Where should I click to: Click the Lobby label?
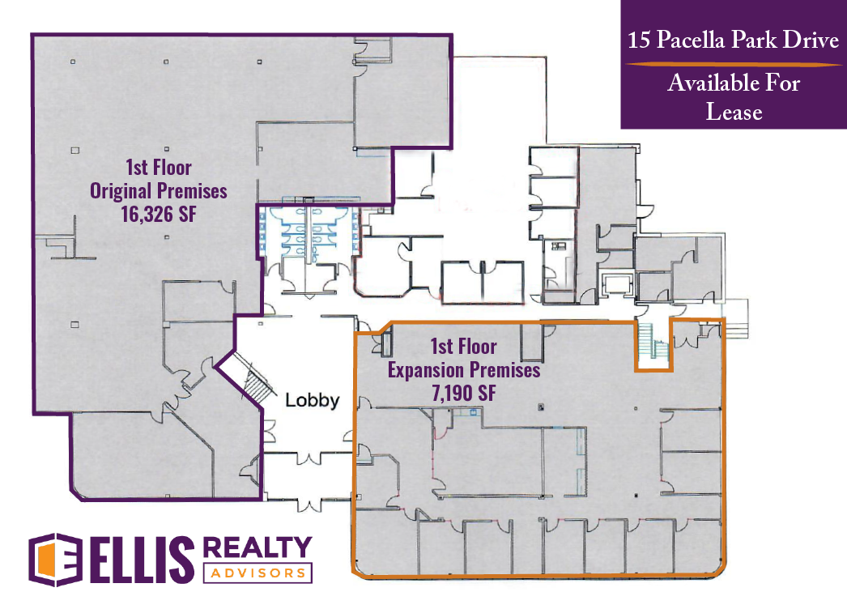[313, 400]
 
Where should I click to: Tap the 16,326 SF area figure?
[159, 214]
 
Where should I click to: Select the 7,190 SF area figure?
[463, 393]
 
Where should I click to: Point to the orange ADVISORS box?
[258, 573]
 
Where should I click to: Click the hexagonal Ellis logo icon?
[56, 560]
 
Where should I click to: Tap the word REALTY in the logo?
[258, 547]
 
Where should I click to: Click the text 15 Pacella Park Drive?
[733, 40]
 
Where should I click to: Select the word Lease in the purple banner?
[734, 112]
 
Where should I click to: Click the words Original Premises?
[158, 191]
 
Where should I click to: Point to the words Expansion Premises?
[464, 370]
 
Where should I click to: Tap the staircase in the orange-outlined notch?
[653, 340]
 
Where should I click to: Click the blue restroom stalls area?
[309, 232]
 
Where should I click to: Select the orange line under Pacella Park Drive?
[734, 64]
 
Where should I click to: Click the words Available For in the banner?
[734, 83]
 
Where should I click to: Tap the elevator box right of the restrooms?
[617, 284]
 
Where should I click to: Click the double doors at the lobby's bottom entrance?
[309, 506]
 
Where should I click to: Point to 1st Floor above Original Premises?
[158, 168]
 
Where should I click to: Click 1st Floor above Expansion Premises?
[463, 347]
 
